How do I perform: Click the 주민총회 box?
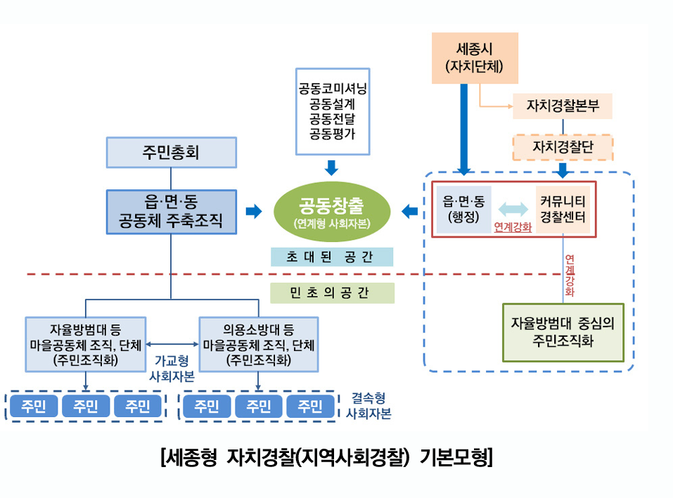click(x=170, y=153)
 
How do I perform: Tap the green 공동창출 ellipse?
click(x=331, y=211)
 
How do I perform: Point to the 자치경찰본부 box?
click(x=562, y=106)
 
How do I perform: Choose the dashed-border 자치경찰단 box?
click(x=563, y=148)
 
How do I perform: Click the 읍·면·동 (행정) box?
click(x=463, y=209)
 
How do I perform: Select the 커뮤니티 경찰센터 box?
click(x=563, y=209)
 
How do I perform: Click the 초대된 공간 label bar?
click(x=332, y=257)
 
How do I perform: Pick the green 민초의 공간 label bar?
click(x=332, y=293)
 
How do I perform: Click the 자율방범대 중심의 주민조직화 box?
click(x=563, y=332)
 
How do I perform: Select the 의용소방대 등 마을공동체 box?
click(x=258, y=345)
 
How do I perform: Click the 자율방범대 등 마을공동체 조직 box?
click(x=85, y=345)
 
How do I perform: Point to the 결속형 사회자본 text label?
click(x=368, y=405)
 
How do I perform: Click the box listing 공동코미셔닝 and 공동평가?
click(x=332, y=111)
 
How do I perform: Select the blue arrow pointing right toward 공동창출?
click(x=253, y=211)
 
